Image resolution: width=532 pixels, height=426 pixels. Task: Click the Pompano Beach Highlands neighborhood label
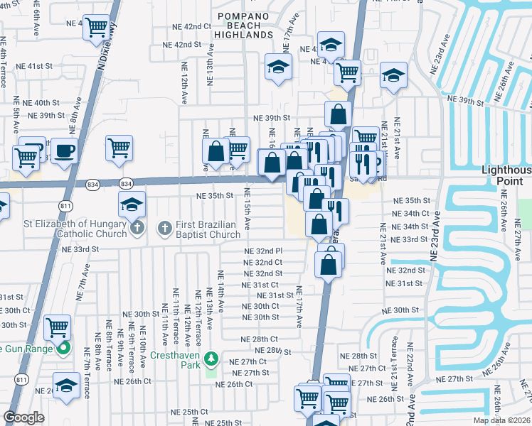[245, 25]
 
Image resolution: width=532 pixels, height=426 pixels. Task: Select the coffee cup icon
[64, 151]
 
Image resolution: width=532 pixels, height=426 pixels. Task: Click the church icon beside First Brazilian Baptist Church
[164, 228]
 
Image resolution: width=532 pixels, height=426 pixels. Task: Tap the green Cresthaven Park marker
[211, 357]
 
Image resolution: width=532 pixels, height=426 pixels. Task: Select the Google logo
[24, 417]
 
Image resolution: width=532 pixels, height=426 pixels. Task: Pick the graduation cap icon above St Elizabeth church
[132, 205]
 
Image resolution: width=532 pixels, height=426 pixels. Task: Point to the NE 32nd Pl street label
[263, 251]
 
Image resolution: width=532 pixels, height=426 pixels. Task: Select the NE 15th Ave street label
[248, 209]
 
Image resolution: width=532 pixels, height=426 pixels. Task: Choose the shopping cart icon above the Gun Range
[57, 327]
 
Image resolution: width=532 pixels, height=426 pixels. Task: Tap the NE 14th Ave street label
[221, 292]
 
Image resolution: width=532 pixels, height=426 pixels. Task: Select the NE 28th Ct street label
[259, 339]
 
